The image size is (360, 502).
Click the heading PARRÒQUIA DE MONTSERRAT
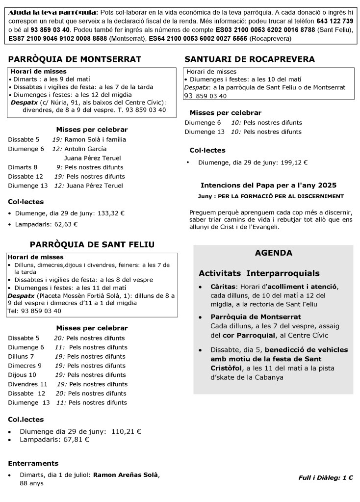(75, 59)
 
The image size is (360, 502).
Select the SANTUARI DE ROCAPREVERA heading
(250, 59)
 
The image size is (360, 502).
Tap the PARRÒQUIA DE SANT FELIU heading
(92, 244)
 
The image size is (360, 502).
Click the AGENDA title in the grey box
(273, 253)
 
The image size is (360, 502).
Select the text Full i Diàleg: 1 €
(326, 477)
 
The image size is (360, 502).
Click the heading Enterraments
(33, 463)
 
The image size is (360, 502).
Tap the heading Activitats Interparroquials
(259, 273)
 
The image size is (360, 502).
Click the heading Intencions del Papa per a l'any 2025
(269, 185)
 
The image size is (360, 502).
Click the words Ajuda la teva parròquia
(53, 12)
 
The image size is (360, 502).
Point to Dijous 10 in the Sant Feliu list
(22, 374)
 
